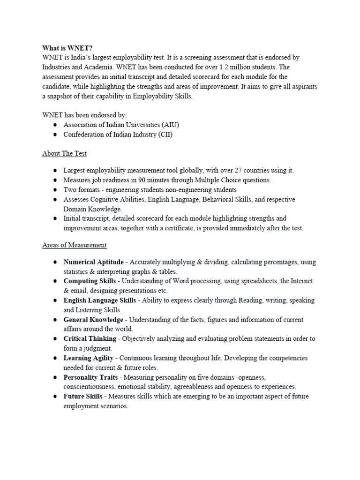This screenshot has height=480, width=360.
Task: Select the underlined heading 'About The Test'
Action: (x=64, y=153)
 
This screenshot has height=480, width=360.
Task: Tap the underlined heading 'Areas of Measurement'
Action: (x=75, y=245)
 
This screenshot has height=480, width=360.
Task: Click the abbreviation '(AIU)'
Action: (x=170, y=125)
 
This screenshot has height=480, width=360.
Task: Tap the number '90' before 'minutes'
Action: (x=133, y=180)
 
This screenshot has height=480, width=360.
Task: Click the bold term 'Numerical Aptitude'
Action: (x=94, y=262)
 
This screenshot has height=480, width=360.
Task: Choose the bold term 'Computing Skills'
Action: (x=90, y=281)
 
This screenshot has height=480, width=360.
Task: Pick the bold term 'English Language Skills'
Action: (x=100, y=300)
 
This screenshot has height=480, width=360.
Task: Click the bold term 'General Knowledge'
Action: (x=93, y=319)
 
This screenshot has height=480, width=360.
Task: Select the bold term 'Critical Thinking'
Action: (x=90, y=338)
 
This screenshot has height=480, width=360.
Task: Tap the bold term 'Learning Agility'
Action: (x=89, y=358)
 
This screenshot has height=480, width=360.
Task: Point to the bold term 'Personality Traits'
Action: (x=91, y=377)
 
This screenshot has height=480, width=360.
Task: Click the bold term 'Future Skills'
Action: (x=83, y=396)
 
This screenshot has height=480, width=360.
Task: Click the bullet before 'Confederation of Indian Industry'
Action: (x=55, y=135)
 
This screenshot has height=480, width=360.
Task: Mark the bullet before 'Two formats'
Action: (x=55, y=190)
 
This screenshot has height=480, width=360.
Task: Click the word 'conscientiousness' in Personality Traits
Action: (x=91, y=387)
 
